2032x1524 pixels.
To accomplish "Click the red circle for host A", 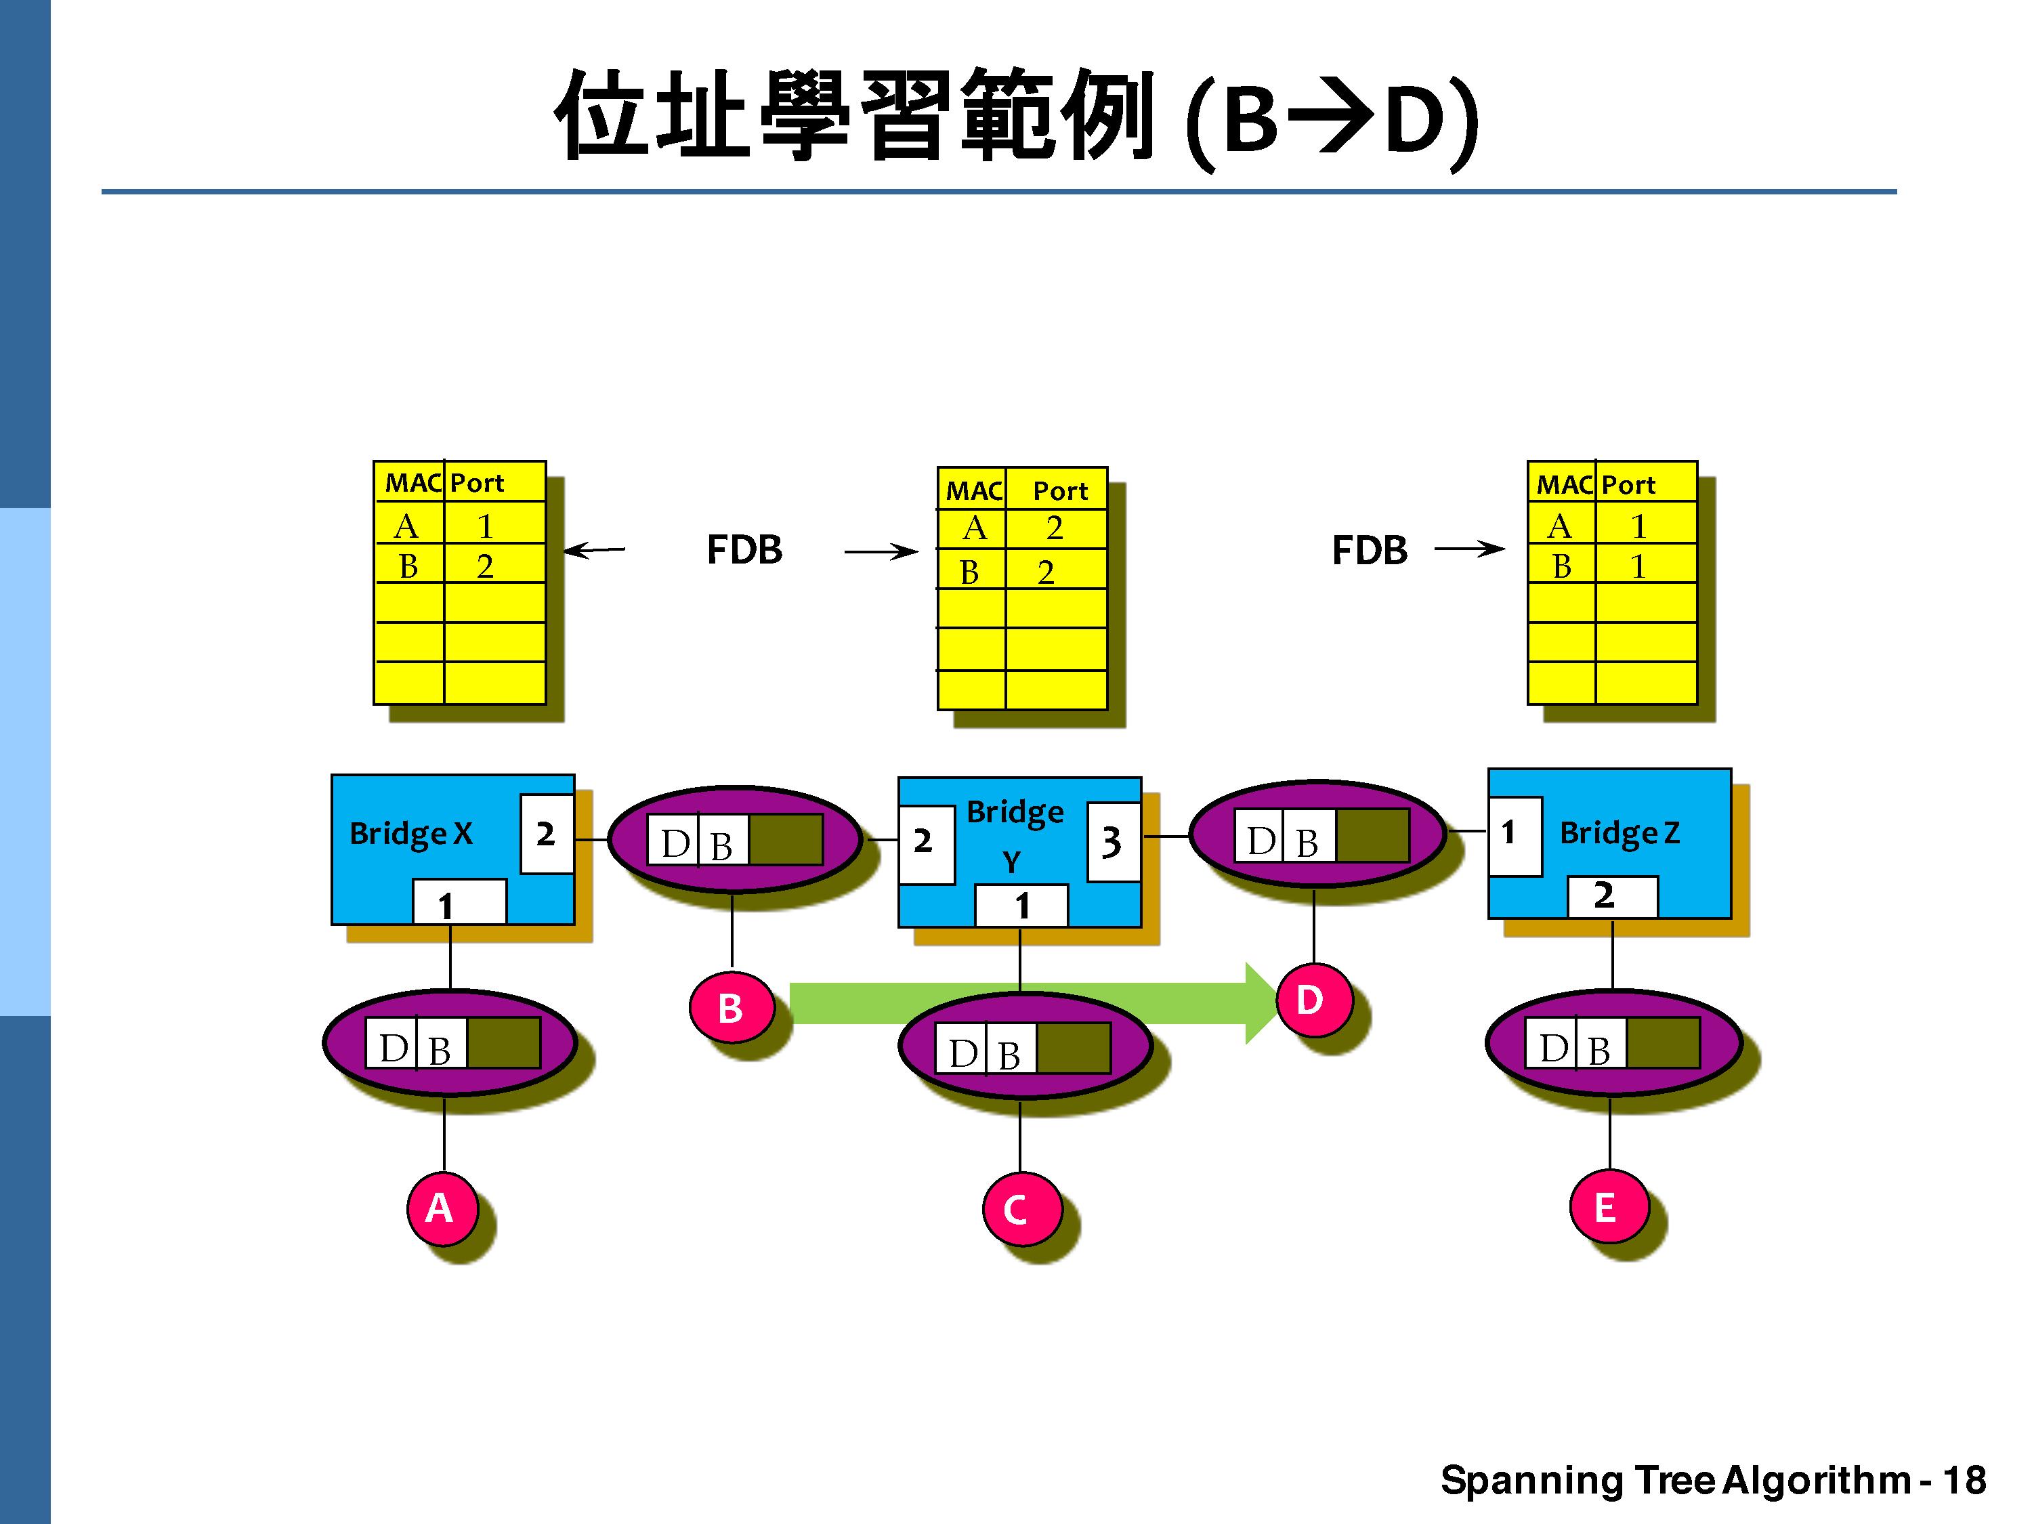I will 442,1207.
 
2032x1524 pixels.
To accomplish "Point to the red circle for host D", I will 1312,1000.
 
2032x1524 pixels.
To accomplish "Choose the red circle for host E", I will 1607,1206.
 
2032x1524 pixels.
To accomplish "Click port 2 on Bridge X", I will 547,833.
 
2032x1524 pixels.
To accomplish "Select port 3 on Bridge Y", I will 1112,841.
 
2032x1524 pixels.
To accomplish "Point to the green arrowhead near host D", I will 1261,1003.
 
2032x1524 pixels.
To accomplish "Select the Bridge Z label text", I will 1620,833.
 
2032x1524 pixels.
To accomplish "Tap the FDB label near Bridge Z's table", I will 1369,550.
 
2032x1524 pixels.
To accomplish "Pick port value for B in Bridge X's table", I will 485,566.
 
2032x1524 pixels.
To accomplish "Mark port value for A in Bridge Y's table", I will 1054,528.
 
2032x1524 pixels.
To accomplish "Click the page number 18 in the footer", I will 1964,1480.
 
